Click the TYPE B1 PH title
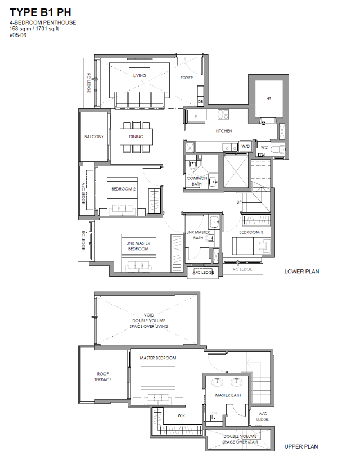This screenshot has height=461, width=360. coord(40,12)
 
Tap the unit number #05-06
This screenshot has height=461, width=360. coord(18,35)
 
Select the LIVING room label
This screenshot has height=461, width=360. coord(139,75)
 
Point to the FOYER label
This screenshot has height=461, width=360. coord(187,78)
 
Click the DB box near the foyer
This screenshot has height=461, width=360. coord(201,102)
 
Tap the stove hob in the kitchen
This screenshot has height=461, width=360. coord(223,114)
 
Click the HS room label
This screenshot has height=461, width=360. coord(268,99)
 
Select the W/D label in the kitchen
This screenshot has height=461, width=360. coord(246,146)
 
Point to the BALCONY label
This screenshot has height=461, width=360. coord(94,137)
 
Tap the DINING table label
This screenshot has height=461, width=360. coord(136,137)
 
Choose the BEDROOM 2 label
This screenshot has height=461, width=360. coord(124,189)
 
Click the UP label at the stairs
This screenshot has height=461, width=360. coord(239,202)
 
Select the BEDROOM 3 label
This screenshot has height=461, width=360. coord(251,232)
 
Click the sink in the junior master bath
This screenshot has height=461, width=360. coord(214,222)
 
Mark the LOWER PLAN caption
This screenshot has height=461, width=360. coord(301,272)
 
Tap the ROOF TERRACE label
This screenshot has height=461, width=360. coord(103,377)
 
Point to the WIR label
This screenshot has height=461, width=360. coord(181,415)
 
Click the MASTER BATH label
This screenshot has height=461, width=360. coord(228,395)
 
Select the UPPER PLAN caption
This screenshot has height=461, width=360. coord(301,446)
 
